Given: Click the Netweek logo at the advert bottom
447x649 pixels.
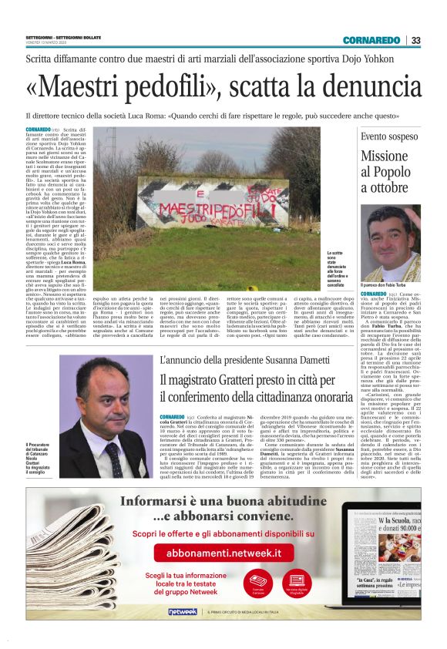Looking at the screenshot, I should [183, 611].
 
